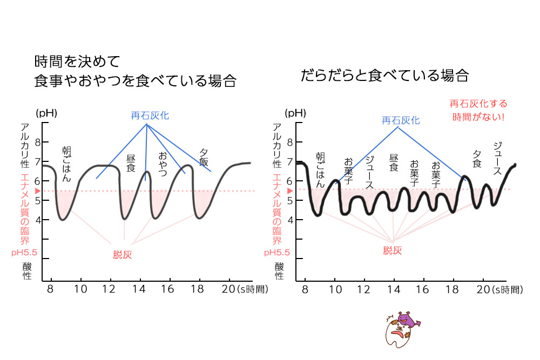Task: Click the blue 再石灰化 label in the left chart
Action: click(x=147, y=116)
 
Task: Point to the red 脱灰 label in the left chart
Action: click(x=123, y=255)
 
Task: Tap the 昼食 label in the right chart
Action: click(x=394, y=162)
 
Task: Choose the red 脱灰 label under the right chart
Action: click(x=393, y=250)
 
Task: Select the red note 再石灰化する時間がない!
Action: click(x=478, y=110)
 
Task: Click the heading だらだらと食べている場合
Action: click(x=384, y=76)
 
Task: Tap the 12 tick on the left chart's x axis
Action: click(x=110, y=289)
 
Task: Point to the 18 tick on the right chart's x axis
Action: click(x=453, y=289)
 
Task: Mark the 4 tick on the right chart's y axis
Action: click(x=290, y=220)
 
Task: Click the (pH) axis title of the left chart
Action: click(x=46, y=113)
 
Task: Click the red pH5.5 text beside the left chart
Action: click(x=23, y=252)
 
